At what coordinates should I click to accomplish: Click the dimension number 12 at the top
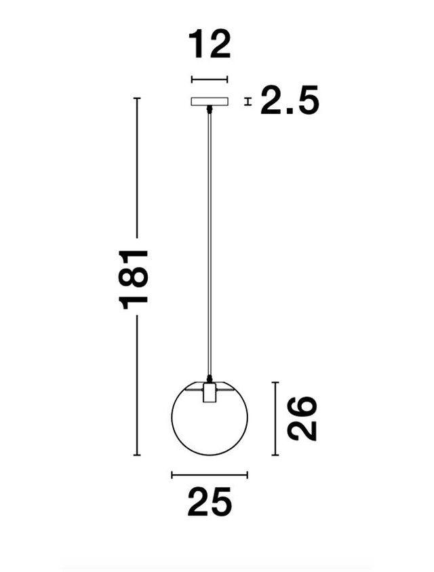click(210, 45)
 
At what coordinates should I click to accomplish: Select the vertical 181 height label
click(134, 280)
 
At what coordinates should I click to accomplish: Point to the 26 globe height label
click(302, 419)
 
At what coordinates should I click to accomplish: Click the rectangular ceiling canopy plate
click(210, 101)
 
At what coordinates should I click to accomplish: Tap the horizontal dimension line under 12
click(210, 79)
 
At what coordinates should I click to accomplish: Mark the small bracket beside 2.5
click(248, 102)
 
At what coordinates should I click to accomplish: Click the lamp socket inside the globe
click(210, 392)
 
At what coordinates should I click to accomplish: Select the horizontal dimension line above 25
click(210, 475)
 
